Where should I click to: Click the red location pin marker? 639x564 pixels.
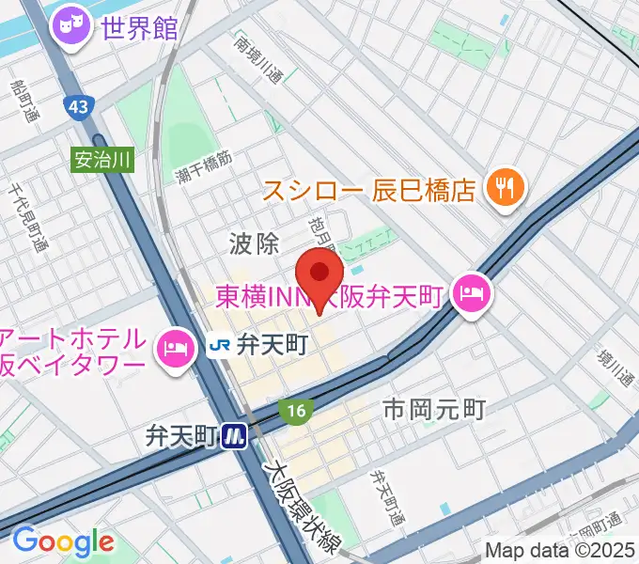coord(319,274)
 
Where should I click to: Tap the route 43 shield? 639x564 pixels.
coord(79,107)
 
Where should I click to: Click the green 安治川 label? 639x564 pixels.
coord(102,159)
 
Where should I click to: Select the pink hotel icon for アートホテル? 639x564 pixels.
coord(175,351)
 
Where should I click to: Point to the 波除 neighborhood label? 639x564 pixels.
coord(254,244)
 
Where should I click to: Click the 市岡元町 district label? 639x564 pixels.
coord(434,409)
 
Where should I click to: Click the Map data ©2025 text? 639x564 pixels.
coord(560,550)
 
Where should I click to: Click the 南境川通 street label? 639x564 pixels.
coord(258,62)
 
